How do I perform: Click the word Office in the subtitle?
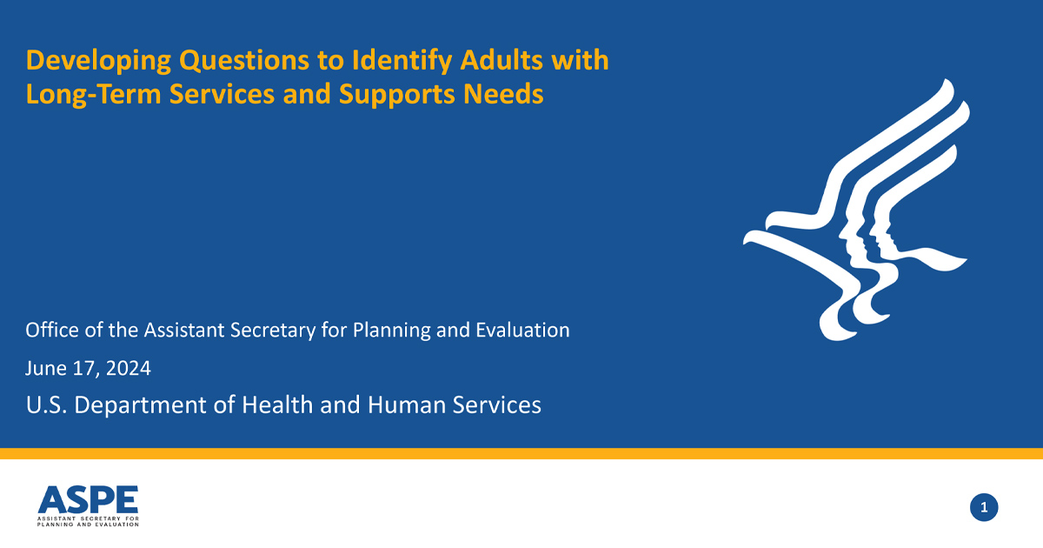(50, 331)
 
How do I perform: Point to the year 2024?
(130, 368)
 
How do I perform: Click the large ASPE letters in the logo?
(88, 499)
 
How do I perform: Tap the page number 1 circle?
(984, 507)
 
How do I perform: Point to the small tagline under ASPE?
(88, 521)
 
